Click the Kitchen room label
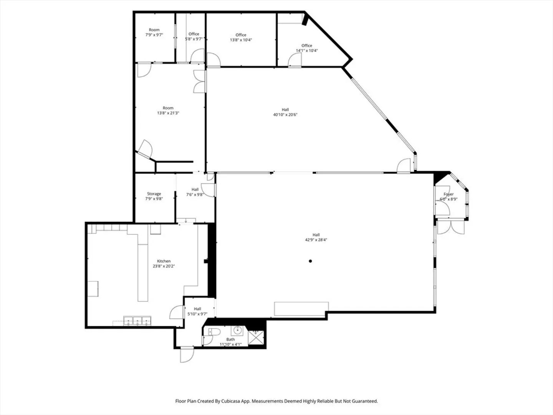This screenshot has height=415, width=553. (164, 261)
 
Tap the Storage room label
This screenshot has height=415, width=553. (154, 194)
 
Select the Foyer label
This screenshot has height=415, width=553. (449, 194)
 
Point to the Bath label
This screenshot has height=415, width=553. (230, 339)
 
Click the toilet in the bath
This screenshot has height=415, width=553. (214, 332)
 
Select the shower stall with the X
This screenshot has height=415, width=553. (256, 338)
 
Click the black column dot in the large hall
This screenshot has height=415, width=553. (310, 261)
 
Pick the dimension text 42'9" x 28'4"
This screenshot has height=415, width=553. (316, 240)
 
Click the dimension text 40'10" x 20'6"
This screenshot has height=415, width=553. (285, 115)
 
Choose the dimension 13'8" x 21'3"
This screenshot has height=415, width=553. (168, 113)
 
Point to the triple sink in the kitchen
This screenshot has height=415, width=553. (137, 321)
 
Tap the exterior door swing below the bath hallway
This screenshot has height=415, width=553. (187, 355)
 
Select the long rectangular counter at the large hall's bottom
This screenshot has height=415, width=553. (301, 309)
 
